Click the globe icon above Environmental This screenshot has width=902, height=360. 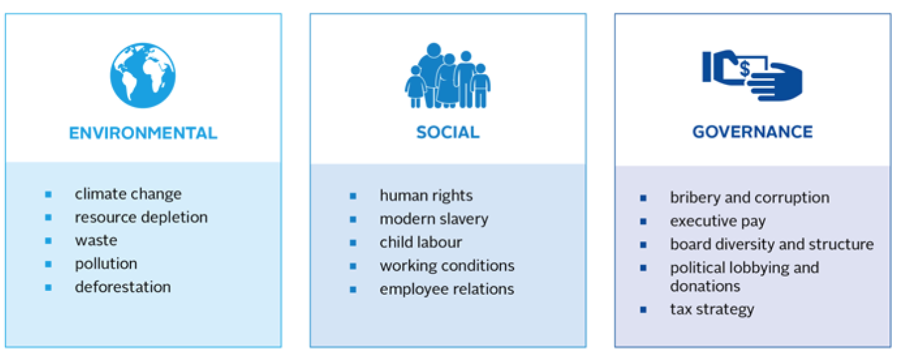[x=143, y=75]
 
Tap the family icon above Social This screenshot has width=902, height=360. [x=448, y=75]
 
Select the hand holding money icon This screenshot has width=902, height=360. [x=752, y=75]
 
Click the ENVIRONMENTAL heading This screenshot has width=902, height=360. [x=143, y=133]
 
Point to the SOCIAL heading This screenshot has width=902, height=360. [x=448, y=132]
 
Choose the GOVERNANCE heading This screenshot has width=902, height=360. [x=752, y=132]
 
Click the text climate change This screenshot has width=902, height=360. [x=128, y=194]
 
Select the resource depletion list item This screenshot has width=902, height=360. [x=141, y=217]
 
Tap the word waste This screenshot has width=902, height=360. [x=96, y=240]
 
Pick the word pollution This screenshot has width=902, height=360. [x=106, y=264]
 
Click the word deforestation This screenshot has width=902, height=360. [x=123, y=287]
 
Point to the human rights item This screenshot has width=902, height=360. [x=426, y=196]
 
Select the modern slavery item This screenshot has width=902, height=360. [x=434, y=219]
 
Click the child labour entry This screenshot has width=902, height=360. [x=421, y=242]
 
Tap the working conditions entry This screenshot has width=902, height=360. [x=447, y=266]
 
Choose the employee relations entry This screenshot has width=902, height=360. [x=447, y=289]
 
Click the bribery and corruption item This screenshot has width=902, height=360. [x=749, y=197]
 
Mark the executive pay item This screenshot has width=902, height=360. [x=718, y=221]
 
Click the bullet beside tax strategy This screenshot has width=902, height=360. [x=643, y=310]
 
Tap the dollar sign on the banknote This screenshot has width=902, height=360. [x=746, y=69]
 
